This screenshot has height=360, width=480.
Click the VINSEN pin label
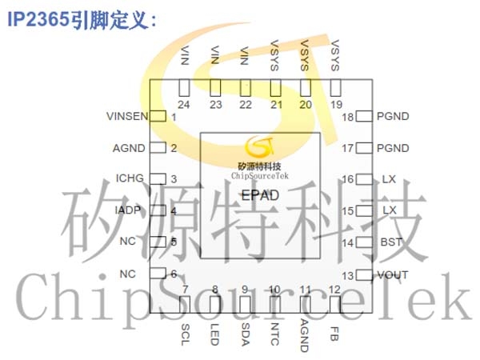click(x=127, y=116)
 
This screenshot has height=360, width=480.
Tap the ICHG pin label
click(x=130, y=178)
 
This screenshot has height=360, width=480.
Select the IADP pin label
click(x=128, y=210)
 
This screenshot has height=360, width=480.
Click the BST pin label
click(x=391, y=242)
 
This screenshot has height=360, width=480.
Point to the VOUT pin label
click(x=393, y=275)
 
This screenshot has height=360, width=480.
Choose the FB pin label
click(x=334, y=334)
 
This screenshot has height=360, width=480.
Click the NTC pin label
click(x=274, y=334)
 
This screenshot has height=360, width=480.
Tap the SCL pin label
click(x=186, y=334)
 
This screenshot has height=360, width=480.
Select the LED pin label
click(x=215, y=334)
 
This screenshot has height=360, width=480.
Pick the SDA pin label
click(x=246, y=334)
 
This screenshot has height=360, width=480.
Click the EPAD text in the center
click(x=260, y=195)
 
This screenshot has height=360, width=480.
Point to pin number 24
click(x=184, y=105)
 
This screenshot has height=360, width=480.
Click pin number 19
click(x=336, y=105)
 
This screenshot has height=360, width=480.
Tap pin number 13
click(x=348, y=276)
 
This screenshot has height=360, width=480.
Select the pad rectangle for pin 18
click(x=364, y=116)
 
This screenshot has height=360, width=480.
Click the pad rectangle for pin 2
click(x=158, y=148)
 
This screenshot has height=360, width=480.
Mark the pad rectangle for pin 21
click(x=275, y=87)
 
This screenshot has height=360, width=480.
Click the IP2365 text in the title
click(x=38, y=19)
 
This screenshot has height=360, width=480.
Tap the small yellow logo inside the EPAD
click(x=260, y=146)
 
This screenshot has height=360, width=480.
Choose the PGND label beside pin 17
click(x=393, y=148)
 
